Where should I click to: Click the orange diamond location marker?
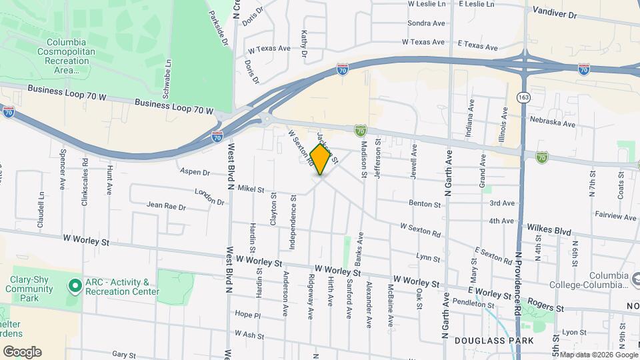[x=321, y=159]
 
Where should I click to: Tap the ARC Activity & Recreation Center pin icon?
[x=75, y=286]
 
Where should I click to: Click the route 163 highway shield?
[x=524, y=98]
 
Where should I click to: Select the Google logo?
[x=21, y=351]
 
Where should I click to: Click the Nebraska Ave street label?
[x=553, y=123]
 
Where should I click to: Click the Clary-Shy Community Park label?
[x=29, y=289]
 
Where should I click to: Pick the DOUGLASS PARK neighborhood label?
[x=494, y=341]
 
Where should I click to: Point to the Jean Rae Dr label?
[x=165, y=207]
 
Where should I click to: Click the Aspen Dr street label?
[x=195, y=171]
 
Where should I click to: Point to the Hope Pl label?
[x=247, y=314]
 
